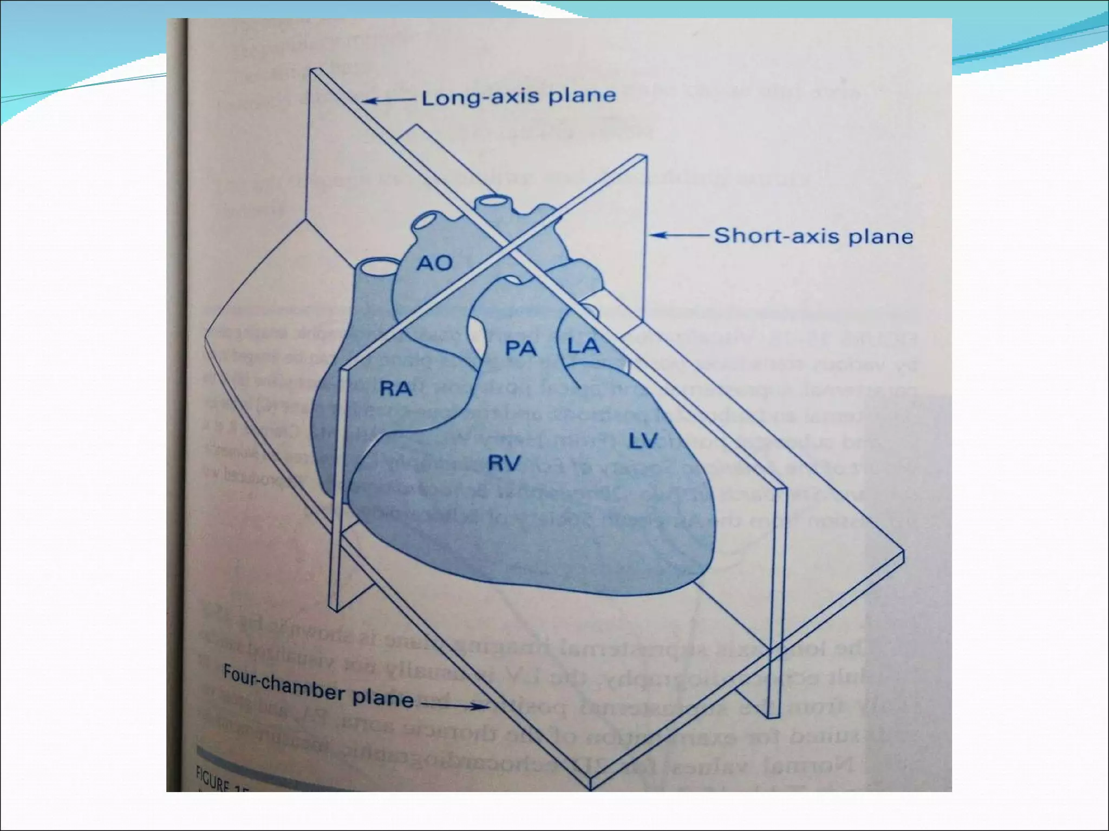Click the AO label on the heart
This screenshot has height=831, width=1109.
tap(435, 263)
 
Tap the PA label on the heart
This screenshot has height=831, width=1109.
tap(521, 348)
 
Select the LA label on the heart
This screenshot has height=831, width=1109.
tap(584, 345)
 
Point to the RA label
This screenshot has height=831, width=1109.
tap(396, 388)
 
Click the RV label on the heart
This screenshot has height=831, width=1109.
tap(504, 463)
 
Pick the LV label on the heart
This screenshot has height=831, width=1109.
tap(643, 441)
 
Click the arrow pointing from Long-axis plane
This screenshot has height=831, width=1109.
tap(388, 100)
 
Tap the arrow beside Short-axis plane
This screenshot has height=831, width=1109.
tap(679, 235)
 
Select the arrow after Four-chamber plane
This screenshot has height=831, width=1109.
tap(455, 705)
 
